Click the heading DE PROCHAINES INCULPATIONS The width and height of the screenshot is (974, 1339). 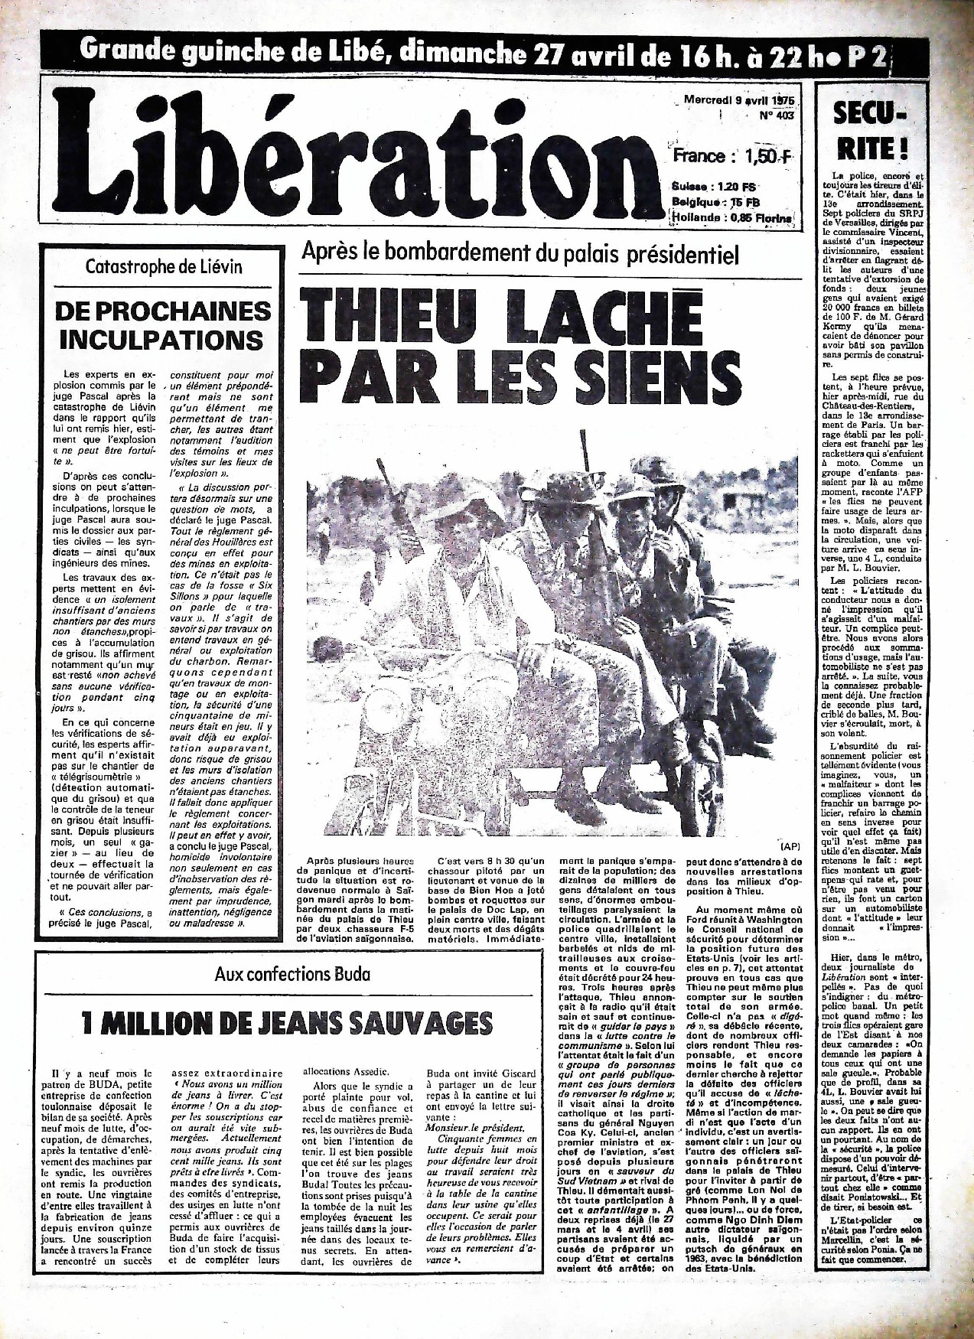165,324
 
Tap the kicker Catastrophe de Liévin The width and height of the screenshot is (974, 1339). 165,267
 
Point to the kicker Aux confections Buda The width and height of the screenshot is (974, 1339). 293,974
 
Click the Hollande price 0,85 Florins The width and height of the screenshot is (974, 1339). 733,218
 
